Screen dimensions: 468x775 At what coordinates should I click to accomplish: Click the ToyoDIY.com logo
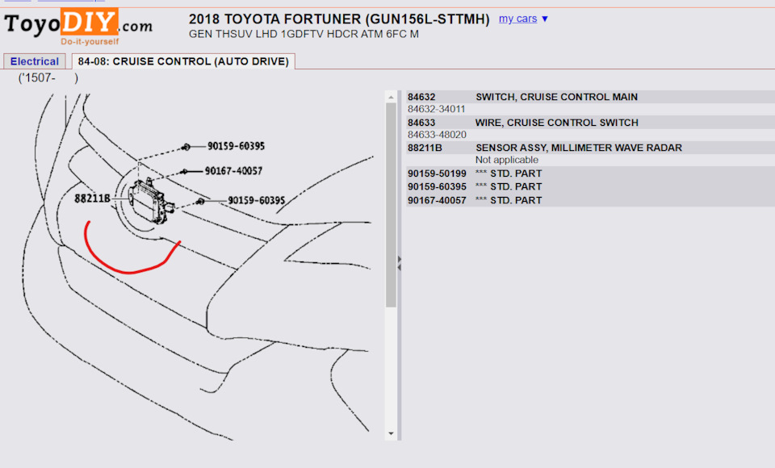78,25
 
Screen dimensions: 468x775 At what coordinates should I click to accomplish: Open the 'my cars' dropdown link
523,19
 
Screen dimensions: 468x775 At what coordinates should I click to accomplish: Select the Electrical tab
35,61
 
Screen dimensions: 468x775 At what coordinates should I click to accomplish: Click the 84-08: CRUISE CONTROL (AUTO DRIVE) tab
183,61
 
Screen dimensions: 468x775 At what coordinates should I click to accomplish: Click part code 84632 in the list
421,97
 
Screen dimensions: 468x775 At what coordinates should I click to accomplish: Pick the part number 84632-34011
437,109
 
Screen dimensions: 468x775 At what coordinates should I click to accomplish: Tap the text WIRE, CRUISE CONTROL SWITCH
557,123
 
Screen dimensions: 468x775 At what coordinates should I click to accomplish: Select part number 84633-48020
437,135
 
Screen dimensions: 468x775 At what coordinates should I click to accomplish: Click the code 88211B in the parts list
425,148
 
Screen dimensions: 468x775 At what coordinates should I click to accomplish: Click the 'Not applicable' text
507,160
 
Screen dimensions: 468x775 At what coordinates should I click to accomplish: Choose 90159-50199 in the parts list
437,173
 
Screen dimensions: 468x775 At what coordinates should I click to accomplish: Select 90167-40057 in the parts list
437,200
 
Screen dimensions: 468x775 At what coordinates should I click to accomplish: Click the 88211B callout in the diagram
91,198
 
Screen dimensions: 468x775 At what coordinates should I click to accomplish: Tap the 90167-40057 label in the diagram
233,171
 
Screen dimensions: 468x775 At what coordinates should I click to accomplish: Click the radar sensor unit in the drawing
148,201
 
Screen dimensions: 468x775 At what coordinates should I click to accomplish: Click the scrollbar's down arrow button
392,433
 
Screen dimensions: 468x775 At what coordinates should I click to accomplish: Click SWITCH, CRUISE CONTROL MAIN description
556,97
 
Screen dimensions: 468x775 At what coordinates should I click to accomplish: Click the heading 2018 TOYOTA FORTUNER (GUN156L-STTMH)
339,19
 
